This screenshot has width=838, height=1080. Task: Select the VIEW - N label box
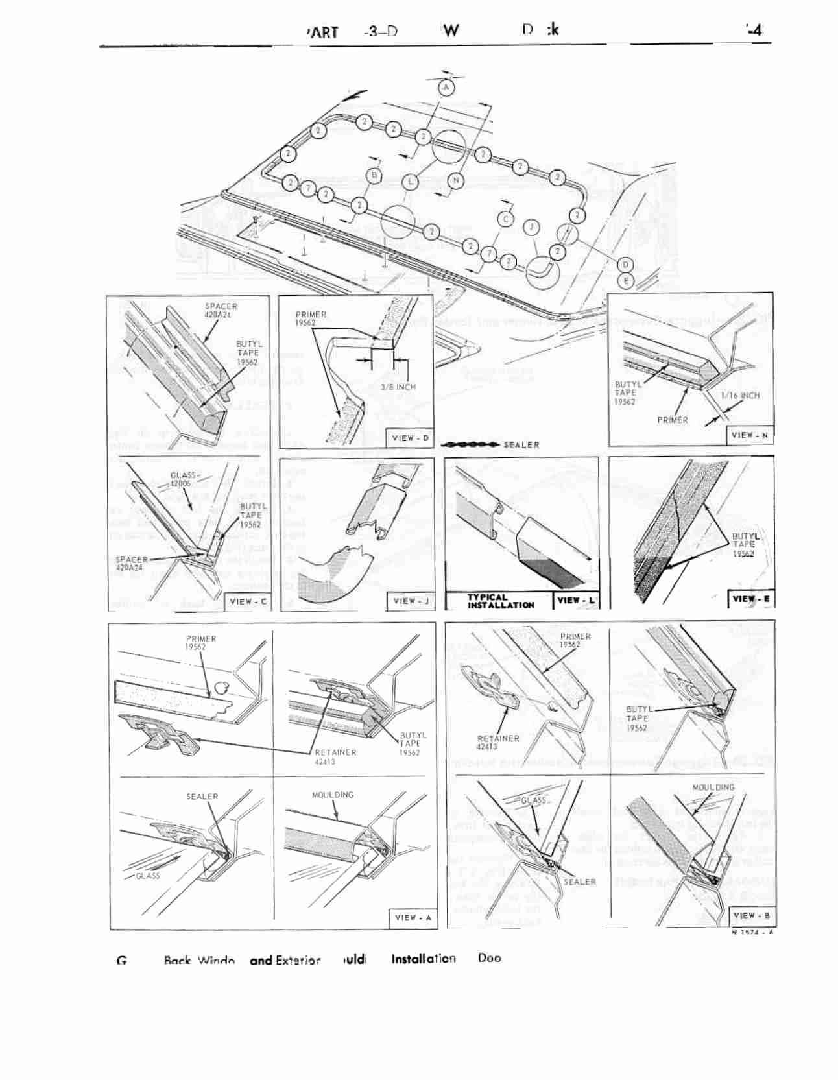pos(750,435)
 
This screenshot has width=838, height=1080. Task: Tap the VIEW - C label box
pos(247,601)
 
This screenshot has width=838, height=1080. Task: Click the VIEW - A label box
pos(413,917)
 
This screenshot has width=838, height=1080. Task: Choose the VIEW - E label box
pos(751,599)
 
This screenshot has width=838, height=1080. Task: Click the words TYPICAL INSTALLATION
pos(500,601)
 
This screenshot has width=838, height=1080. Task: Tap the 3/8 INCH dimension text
pos(398,387)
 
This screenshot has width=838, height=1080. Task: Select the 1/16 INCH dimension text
pos(740,395)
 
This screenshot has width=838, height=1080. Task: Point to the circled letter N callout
pos(456,180)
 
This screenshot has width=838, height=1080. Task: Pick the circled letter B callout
pos(374,174)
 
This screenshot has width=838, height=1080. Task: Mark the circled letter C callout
pos(506,219)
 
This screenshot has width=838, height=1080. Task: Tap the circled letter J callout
pos(531,226)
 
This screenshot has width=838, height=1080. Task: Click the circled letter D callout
pos(625,265)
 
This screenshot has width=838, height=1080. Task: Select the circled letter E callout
pos(626,281)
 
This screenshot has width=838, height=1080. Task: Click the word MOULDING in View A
pos(333,795)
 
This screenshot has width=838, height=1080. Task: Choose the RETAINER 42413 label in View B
pos(497,742)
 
